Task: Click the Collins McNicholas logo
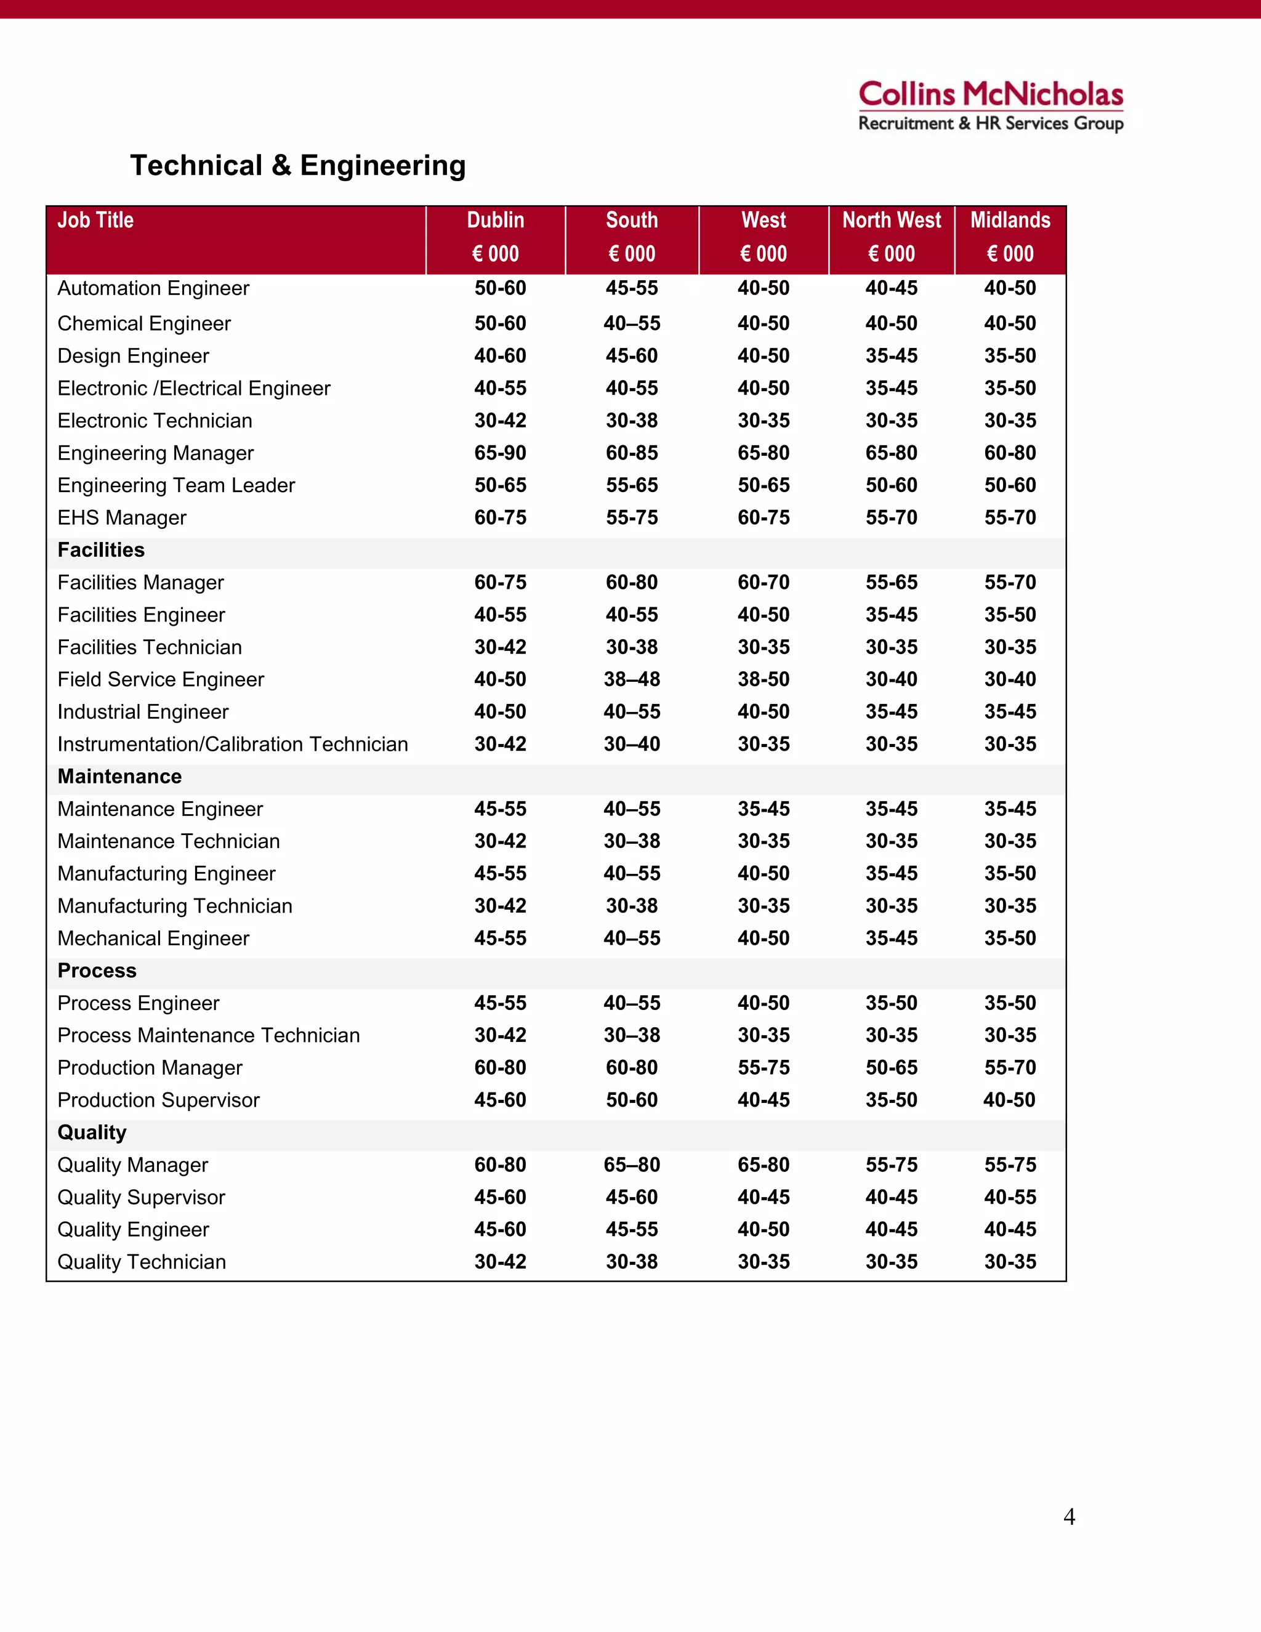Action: coord(991,105)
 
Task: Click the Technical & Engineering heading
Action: coord(298,165)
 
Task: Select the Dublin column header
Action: coord(495,237)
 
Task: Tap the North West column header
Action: coord(891,237)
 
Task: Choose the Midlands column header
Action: coord(1010,237)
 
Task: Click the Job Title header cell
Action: coord(95,220)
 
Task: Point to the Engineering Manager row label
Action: coord(155,453)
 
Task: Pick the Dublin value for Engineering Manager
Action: coord(500,453)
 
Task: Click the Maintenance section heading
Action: coord(119,777)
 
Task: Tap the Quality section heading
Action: coord(92,1132)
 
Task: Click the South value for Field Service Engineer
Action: coord(632,679)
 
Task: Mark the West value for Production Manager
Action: coord(763,1068)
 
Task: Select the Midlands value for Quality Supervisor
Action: coord(1010,1197)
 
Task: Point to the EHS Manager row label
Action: coord(122,518)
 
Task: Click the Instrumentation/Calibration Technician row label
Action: coord(232,745)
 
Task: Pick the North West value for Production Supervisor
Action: coord(891,1100)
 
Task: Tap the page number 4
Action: coord(1069,1516)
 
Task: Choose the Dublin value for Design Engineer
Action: coord(500,356)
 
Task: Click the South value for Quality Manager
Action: coord(632,1165)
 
